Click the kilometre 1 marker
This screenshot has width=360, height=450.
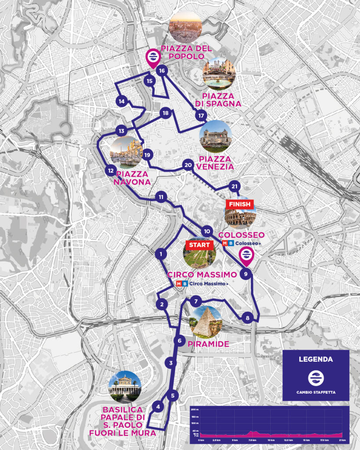tap(162, 254)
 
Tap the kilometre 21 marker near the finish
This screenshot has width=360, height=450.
tap(235, 186)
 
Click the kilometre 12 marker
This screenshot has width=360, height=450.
tap(111, 171)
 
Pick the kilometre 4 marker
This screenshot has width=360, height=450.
tap(158, 407)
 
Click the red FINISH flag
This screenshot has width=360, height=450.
tap(240, 204)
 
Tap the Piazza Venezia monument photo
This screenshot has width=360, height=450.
tap(215, 136)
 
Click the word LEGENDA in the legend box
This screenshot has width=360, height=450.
tap(316, 359)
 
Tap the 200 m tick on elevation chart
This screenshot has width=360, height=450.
tap(195, 409)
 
